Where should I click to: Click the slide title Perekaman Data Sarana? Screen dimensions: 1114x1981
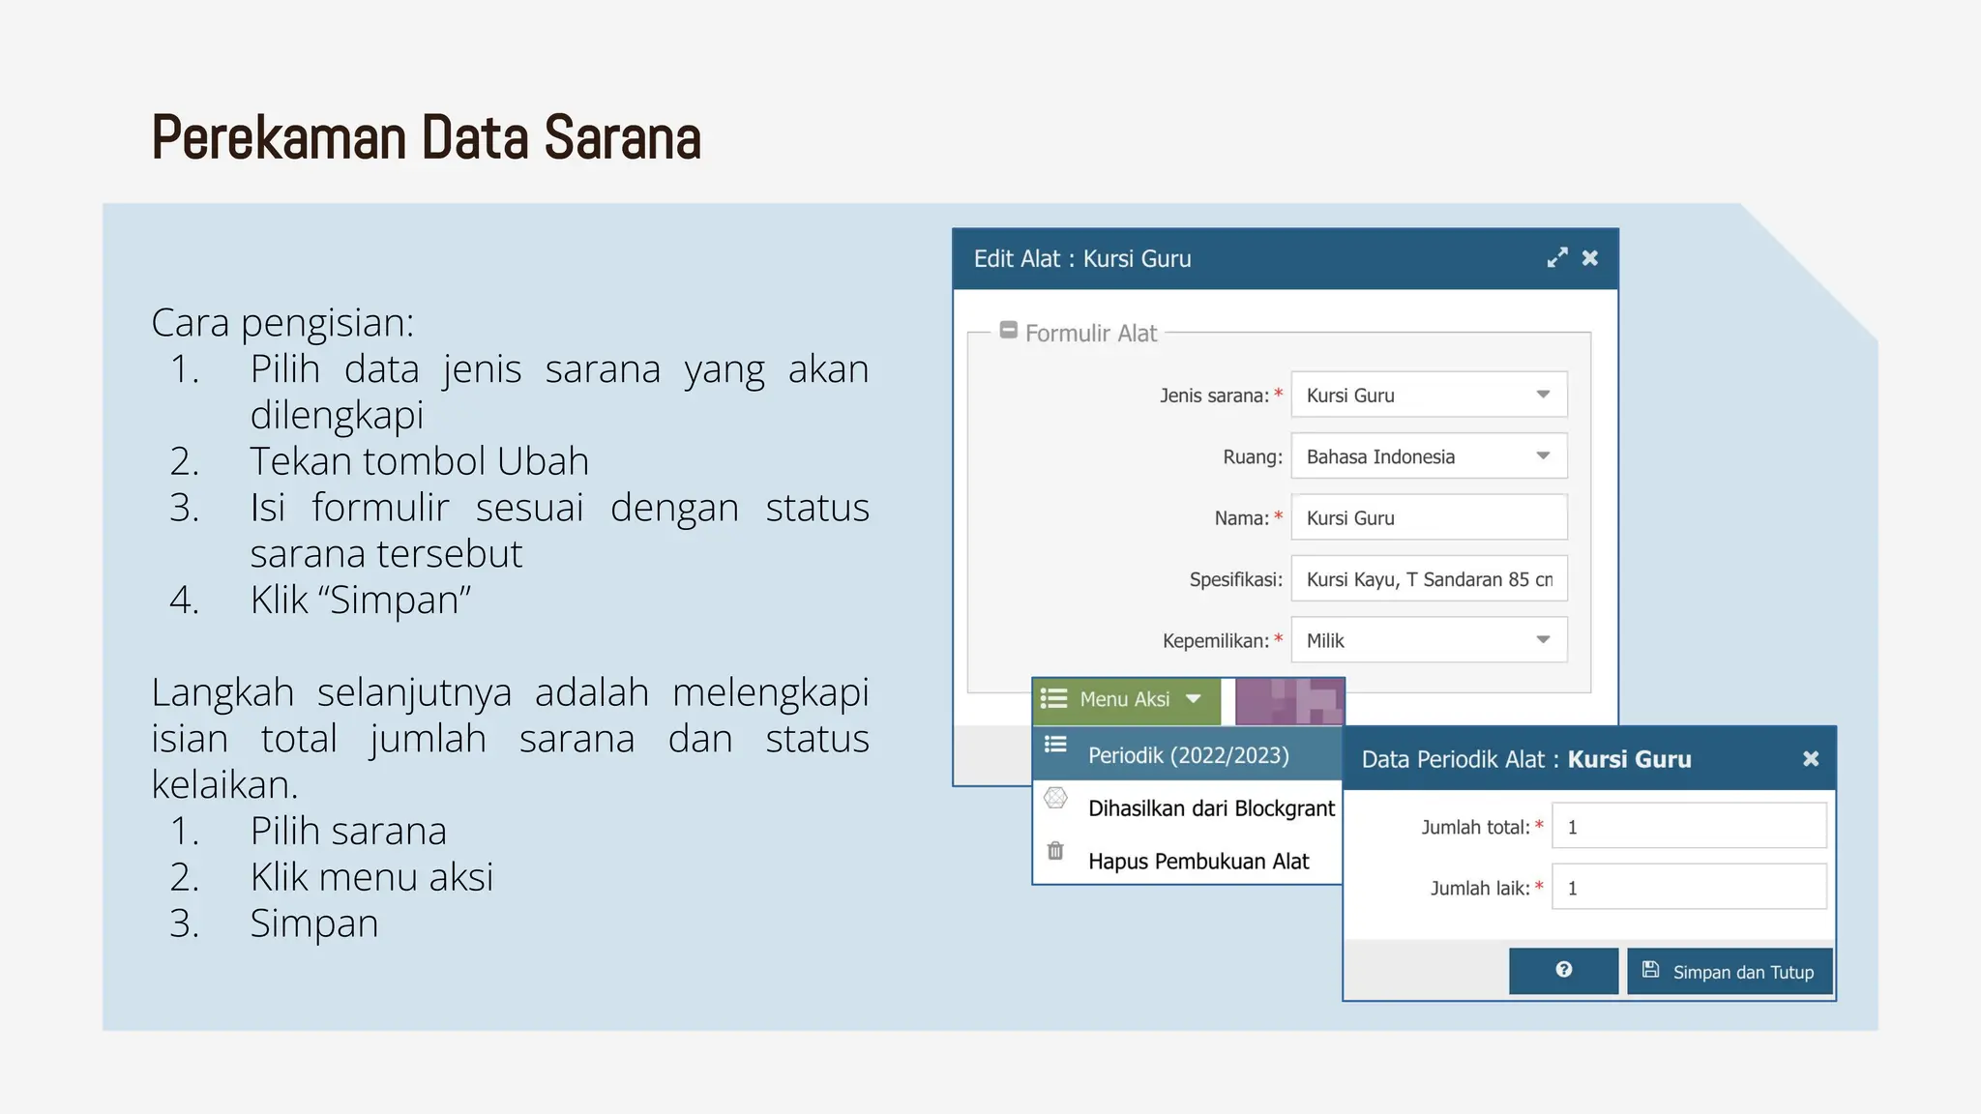tap(426, 137)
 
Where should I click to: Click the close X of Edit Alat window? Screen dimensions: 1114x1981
tap(1589, 258)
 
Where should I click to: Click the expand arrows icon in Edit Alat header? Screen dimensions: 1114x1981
tap(1556, 258)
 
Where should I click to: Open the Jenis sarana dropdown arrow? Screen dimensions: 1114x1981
tap(1543, 395)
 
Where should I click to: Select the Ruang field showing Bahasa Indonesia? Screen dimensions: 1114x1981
tap(1428, 456)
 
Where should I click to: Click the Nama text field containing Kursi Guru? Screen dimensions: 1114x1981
tap(1428, 518)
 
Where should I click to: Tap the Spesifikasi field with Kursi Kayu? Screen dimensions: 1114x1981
tap(1428, 579)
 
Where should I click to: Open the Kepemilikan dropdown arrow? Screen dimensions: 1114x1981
tap(1543, 640)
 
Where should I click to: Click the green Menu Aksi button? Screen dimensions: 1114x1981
tap(1126, 700)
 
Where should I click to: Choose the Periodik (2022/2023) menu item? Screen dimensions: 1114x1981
tap(1188, 755)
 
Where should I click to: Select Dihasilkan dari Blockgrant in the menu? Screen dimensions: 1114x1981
tap(1210, 808)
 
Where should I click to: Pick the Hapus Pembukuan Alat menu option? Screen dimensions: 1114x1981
tap(1197, 862)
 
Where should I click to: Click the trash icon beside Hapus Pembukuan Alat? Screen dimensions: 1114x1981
tap(1055, 851)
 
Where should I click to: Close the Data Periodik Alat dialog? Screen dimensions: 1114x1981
tap(1811, 759)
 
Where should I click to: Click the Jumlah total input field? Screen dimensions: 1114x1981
tap(1688, 827)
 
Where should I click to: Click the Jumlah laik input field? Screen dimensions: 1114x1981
tap(1688, 888)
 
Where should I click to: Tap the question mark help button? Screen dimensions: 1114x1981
tap(1563, 971)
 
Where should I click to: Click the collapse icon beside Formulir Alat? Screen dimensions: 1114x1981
tap(1008, 331)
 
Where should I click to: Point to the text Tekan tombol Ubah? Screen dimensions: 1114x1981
tap(419, 461)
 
